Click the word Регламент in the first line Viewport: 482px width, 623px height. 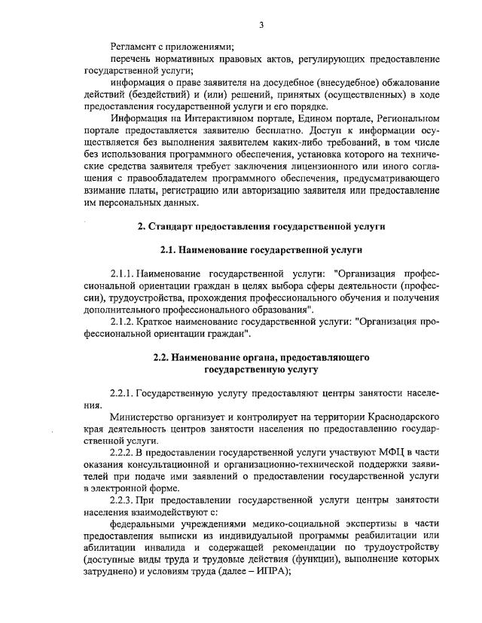tap(133, 47)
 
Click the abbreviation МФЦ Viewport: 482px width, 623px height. tap(400, 453)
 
